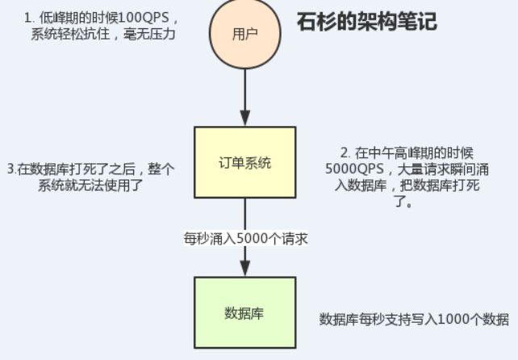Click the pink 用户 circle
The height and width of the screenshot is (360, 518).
[x=244, y=34]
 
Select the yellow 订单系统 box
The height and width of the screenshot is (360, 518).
[x=244, y=162]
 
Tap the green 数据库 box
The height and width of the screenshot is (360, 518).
[x=244, y=312]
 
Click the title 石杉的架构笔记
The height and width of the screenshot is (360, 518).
[x=366, y=21]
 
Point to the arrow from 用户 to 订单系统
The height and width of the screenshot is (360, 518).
[x=244, y=97]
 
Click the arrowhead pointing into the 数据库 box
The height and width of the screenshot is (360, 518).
[x=244, y=269]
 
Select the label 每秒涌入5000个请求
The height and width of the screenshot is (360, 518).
[x=245, y=239]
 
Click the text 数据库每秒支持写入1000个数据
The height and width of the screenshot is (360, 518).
[x=414, y=319]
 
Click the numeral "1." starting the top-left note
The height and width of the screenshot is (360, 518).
[x=28, y=16]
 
